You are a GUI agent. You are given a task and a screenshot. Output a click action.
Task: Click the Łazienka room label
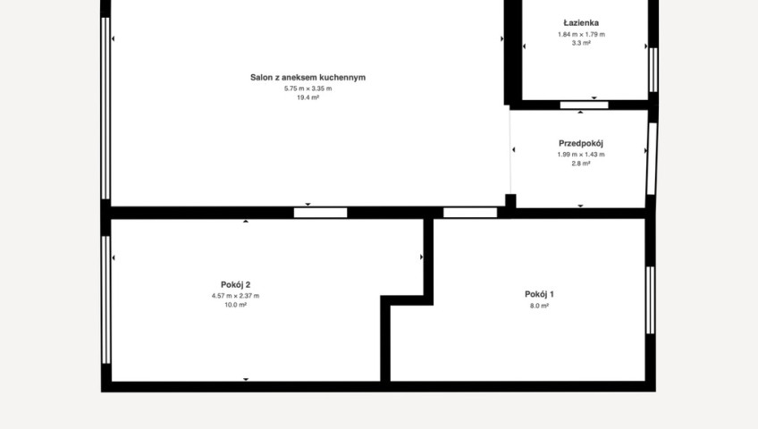point(581,22)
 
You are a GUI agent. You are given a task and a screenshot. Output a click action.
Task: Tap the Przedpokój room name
point(581,144)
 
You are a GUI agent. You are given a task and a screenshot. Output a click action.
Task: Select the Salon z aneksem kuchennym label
point(307,77)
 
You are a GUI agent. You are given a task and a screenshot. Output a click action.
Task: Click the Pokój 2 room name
point(235,285)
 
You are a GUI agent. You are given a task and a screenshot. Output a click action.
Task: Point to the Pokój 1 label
point(540,294)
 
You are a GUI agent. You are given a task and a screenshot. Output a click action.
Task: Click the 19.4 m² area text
point(307,97)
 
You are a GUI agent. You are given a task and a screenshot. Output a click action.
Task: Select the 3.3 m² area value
point(581,43)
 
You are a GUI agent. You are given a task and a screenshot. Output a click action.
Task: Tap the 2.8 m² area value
point(581,164)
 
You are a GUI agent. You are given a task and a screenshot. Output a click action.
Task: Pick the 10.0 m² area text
point(235,306)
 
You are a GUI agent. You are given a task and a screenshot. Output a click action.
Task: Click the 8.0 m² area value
point(540,306)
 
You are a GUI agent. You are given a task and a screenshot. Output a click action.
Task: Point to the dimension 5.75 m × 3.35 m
point(307,88)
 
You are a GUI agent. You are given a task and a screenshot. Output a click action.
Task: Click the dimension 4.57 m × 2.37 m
point(235,296)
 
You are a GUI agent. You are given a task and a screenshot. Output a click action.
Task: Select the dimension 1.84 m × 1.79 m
point(581,34)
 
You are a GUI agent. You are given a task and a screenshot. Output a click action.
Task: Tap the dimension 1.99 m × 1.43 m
point(581,155)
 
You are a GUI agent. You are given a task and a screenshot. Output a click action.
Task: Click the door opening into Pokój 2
point(321,213)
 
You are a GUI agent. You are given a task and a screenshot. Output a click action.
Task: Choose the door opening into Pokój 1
point(470,213)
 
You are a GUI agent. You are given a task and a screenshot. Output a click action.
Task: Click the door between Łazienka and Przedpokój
point(584,105)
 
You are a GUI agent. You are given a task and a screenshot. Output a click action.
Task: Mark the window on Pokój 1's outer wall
point(650,300)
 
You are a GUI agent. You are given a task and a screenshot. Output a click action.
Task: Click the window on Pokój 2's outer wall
point(105,299)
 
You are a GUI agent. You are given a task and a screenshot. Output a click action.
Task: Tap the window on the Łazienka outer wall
point(653,70)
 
